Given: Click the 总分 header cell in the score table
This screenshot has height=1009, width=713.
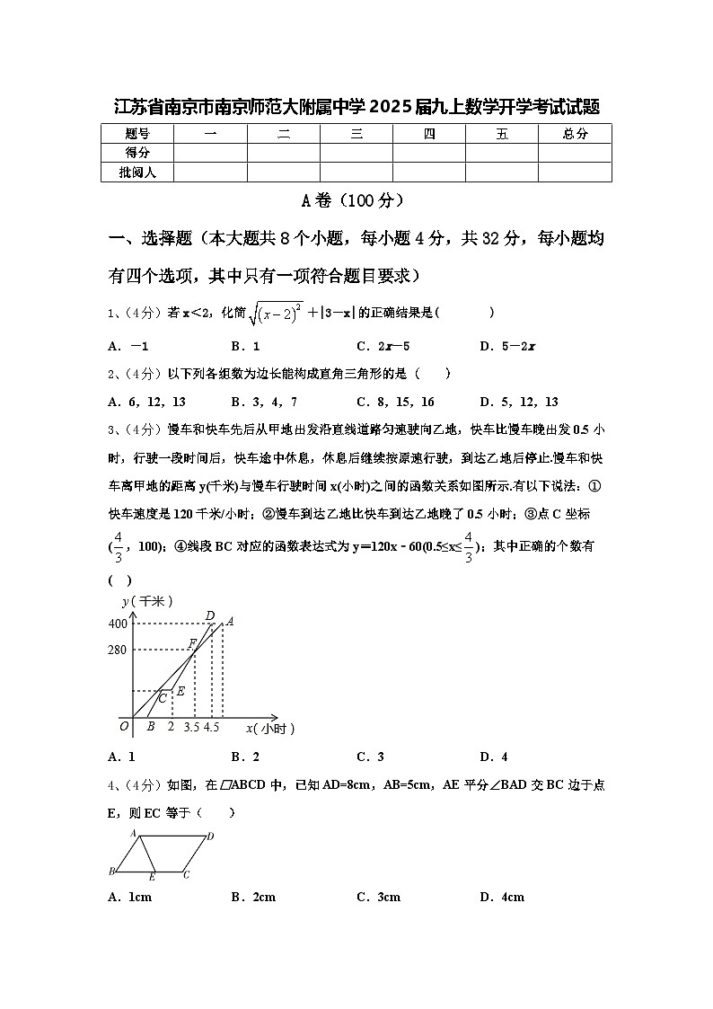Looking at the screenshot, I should point(575,134).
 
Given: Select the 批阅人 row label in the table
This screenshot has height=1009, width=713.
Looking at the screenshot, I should point(137,172).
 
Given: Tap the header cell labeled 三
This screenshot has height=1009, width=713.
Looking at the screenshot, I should point(356,134).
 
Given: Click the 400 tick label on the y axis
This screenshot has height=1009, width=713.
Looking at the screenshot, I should point(118,624).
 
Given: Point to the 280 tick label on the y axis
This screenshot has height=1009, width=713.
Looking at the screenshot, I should point(118,650).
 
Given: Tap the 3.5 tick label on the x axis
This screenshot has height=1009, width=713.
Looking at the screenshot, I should point(191,728).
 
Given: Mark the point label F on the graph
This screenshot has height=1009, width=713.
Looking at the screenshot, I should point(191,643).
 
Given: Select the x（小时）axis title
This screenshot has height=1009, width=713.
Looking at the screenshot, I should point(270,728).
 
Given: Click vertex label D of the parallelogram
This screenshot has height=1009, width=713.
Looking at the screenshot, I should point(209,836).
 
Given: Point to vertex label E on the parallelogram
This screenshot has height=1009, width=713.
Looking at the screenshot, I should point(152,875).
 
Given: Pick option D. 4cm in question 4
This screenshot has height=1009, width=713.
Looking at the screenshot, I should point(502,897).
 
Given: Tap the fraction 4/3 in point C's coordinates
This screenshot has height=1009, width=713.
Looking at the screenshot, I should point(118,545).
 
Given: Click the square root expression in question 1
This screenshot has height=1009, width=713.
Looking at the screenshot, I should point(277,313).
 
